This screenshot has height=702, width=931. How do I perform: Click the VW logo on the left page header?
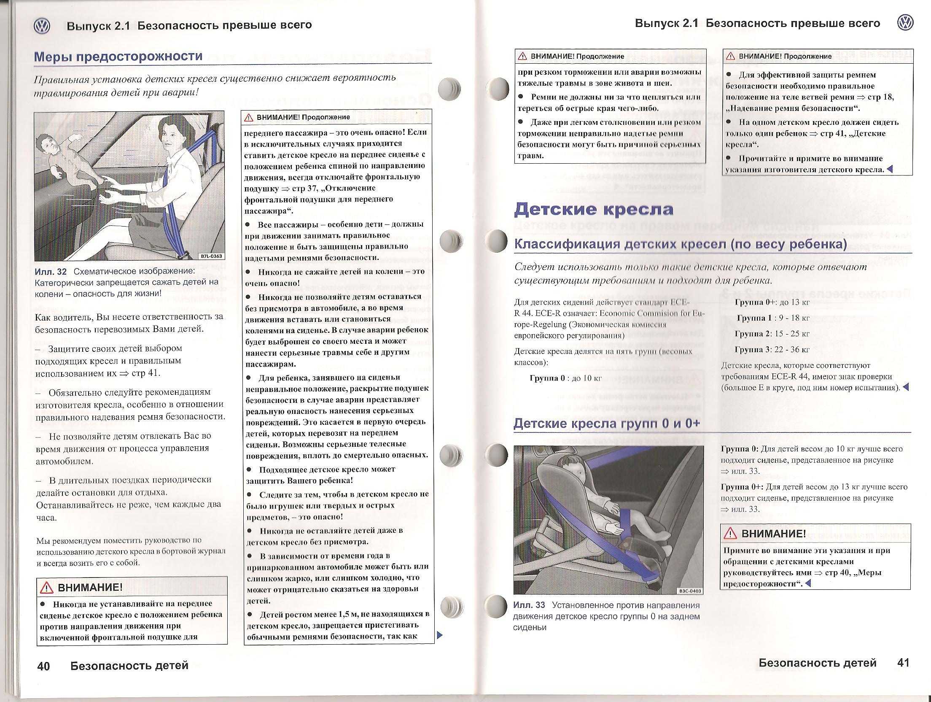tap(41, 27)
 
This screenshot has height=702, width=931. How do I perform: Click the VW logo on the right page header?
tap(905, 23)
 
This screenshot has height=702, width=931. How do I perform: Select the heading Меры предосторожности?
tap(118, 56)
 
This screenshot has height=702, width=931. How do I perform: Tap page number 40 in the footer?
tap(43, 666)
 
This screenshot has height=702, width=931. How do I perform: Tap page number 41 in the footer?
tap(903, 662)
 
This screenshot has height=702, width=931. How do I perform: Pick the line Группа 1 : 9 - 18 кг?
tap(773, 318)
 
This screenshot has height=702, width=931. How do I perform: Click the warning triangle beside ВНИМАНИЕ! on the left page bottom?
tap(46, 588)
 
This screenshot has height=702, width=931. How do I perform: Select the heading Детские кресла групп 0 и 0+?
tap(607, 424)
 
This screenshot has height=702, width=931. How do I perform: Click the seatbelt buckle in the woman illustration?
tap(183, 255)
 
